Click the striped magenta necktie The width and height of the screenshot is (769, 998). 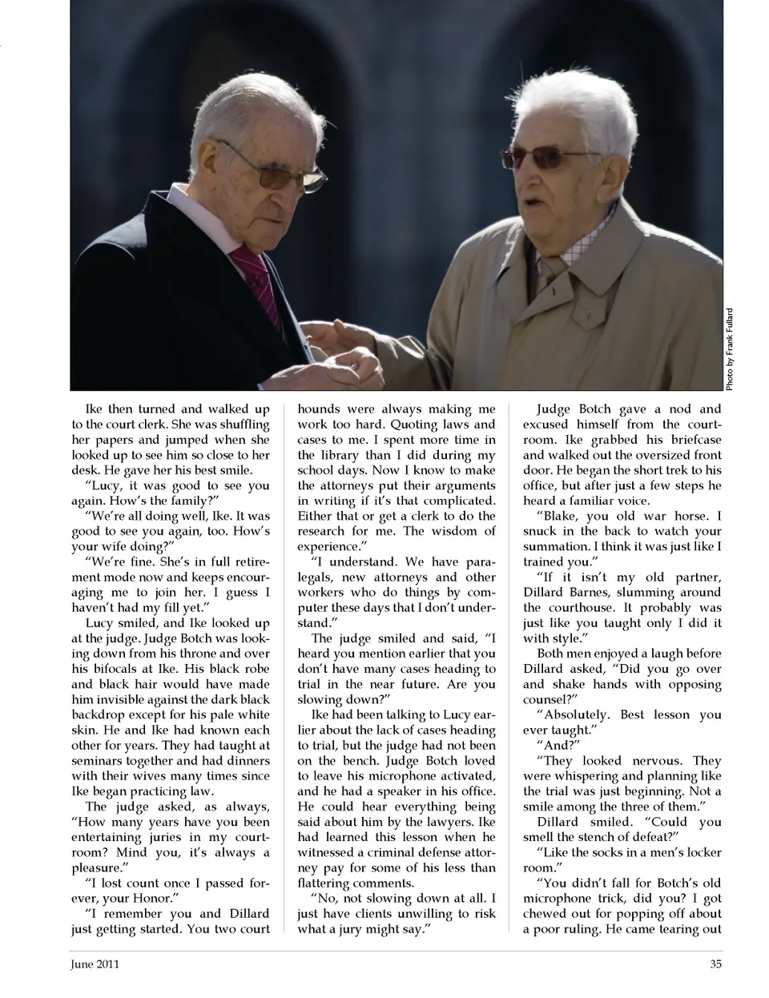pos(255,276)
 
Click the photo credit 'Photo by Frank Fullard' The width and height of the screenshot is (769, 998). pos(731,349)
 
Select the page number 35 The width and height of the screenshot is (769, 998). pos(715,964)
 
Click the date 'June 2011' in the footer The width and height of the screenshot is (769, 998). pos(95,964)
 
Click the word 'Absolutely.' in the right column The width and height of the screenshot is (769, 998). pos(580,714)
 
